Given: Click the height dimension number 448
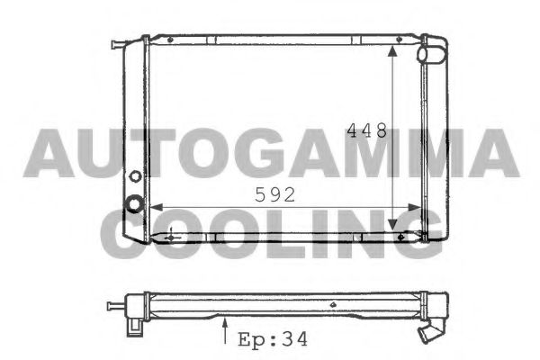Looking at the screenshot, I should [x=367, y=131].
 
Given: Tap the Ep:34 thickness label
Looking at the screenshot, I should [x=272, y=340].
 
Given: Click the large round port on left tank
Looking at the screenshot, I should [x=135, y=204].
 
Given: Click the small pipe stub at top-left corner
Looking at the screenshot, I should [x=118, y=44].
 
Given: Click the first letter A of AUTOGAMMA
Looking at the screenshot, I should [x=47, y=152].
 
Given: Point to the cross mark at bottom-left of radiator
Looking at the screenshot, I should [x=172, y=236].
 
